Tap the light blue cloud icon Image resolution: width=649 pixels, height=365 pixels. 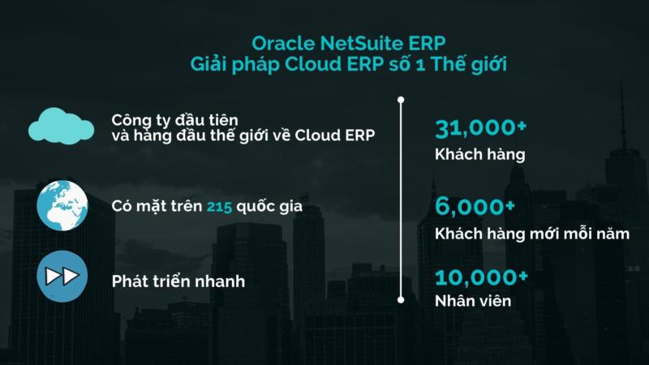[x=62, y=126]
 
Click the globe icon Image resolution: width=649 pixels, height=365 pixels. [x=62, y=206]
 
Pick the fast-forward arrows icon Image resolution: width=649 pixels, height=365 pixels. [x=62, y=276]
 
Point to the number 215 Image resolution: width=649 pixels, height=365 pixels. [x=219, y=206]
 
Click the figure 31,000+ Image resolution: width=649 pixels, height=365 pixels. [x=480, y=128]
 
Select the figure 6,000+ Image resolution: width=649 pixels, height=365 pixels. [x=475, y=207]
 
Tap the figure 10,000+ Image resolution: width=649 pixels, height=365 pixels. [x=481, y=277]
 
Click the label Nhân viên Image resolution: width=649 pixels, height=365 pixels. [x=473, y=301]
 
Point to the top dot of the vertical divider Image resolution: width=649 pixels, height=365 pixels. [x=401, y=100]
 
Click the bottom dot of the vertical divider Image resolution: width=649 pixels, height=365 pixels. [x=401, y=299]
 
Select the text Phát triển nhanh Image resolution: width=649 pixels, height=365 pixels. [x=178, y=281]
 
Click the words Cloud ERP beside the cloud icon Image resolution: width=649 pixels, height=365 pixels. [x=335, y=135]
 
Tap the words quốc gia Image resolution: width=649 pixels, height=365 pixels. [x=269, y=207]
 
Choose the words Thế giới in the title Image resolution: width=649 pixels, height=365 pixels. [x=469, y=64]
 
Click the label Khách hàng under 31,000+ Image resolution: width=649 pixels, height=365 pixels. [x=480, y=154]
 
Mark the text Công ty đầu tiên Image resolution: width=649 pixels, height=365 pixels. [x=175, y=120]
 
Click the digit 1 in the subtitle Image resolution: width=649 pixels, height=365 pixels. [x=420, y=65]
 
